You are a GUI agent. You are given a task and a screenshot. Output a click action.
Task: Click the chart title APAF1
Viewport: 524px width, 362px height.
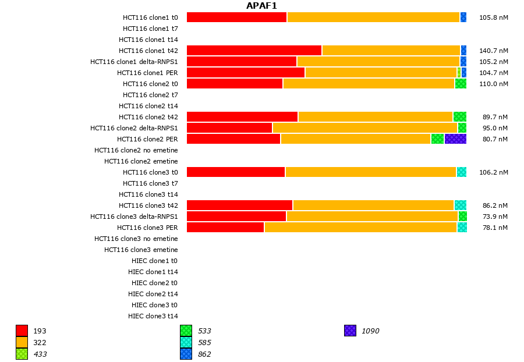pos(261,6)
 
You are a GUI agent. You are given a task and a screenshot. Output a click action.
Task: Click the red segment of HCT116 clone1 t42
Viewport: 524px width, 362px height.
pos(254,51)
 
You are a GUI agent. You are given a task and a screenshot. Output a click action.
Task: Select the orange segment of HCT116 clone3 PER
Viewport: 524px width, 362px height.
pos(360,228)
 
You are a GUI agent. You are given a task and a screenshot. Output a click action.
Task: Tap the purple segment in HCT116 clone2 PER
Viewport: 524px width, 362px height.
pos(455,139)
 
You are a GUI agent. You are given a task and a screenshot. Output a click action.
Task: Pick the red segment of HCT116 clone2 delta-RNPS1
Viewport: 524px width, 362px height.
pos(229,128)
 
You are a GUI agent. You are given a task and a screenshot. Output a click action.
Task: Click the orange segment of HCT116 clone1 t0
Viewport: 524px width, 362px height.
pos(373,17)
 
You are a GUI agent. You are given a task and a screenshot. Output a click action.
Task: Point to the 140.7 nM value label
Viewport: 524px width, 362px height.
pos(494,51)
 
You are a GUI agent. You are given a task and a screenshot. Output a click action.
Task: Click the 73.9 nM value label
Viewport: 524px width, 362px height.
pos(495,217)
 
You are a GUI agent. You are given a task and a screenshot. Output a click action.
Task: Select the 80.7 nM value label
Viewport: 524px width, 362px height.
pos(495,139)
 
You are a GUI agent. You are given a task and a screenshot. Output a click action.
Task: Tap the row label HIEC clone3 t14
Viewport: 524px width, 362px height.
pos(153,316)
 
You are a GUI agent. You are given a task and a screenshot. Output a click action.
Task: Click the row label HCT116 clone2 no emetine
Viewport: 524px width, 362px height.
pos(136,150)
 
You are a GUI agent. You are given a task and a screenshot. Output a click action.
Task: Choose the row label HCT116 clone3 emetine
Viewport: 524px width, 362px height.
pos(141,250)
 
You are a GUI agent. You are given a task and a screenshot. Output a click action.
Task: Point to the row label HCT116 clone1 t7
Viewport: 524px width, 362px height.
pos(150,29)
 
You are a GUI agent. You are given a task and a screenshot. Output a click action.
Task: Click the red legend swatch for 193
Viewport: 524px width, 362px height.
pos(22,331)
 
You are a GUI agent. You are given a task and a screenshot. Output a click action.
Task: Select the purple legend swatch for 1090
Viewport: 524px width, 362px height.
pos(350,331)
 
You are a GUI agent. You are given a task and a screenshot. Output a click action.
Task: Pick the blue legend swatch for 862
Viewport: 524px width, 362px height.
pos(186,354)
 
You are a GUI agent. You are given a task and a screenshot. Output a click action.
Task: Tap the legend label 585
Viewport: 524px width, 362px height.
pos(204,343)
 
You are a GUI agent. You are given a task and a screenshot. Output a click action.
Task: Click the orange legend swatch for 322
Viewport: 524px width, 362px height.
pos(22,342)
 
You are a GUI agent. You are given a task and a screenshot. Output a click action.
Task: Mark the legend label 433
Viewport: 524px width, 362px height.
pos(40,354)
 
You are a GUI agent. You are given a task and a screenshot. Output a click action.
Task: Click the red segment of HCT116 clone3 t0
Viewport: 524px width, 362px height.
pos(236,172)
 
